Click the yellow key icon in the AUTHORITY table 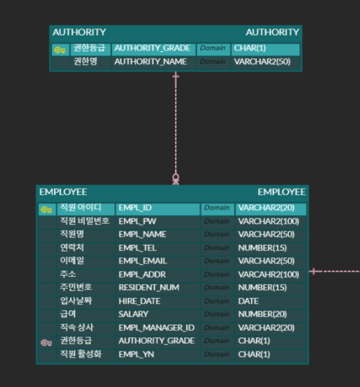[59, 50]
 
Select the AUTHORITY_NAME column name [150, 62]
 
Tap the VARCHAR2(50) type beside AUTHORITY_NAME [262, 62]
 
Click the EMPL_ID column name [135, 208]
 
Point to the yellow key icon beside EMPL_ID [46, 209]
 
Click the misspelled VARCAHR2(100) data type [268, 275]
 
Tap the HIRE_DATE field [139, 301]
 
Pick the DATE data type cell [248, 301]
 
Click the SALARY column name [133, 314]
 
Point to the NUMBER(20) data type [262, 314]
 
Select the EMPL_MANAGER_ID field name [156, 328]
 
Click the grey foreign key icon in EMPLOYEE [46, 342]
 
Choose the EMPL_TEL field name [137, 248]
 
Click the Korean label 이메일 [72, 261]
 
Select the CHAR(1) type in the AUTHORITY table [250, 49]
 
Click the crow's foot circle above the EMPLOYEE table [176, 177]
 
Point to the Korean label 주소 [67, 275]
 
